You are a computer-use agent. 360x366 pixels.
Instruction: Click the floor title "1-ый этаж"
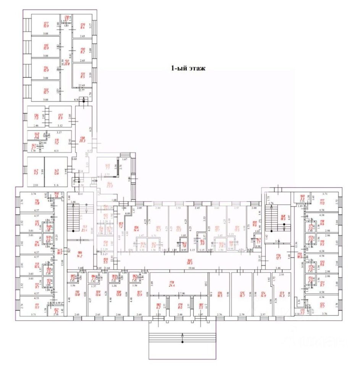pyautogui.click(x=188, y=69)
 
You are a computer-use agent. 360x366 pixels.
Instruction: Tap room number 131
pyautogui.click(x=82, y=75)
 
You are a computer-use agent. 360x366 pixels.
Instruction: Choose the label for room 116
pyautogui.click(x=37, y=202)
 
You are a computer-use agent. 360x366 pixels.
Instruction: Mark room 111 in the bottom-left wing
pyautogui.click(x=37, y=306)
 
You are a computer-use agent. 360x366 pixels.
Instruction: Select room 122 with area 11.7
pyautogui.click(x=322, y=305)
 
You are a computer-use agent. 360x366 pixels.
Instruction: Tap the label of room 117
pyautogui.click(x=322, y=202)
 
